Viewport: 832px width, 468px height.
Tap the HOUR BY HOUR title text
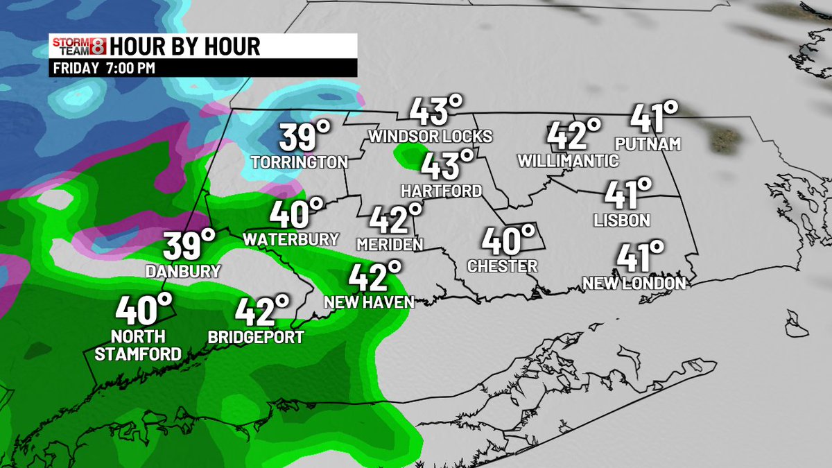click(x=185, y=46)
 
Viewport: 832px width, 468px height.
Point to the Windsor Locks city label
click(x=431, y=136)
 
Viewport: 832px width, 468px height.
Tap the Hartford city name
click(x=442, y=191)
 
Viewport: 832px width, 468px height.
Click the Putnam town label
click(x=648, y=144)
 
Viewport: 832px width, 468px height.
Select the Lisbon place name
click(x=622, y=220)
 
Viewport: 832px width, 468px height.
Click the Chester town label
click(x=503, y=266)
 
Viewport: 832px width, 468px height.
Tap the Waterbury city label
click(x=291, y=239)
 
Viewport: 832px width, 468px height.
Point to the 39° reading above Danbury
click(x=189, y=245)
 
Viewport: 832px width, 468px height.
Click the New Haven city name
click(x=370, y=302)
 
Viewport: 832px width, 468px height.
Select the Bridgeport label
click(x=256, y=338)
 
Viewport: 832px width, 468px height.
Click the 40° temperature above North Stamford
click(x=144, y=309)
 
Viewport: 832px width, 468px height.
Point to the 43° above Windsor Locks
click(x=435, y=111)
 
